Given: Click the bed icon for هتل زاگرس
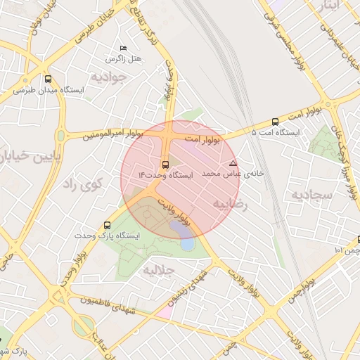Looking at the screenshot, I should [124, 48].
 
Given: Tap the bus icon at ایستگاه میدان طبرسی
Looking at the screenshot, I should [48, 79].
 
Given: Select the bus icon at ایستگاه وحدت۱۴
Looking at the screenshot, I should [165, 165].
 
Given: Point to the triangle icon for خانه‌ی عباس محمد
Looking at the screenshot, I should [233, 163].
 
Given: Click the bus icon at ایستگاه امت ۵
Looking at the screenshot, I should [274, 121].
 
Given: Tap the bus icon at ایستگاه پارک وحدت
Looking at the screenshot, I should [107, 225].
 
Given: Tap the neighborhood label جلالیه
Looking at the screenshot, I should [159, 270].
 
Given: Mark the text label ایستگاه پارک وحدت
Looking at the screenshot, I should [110, 236].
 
